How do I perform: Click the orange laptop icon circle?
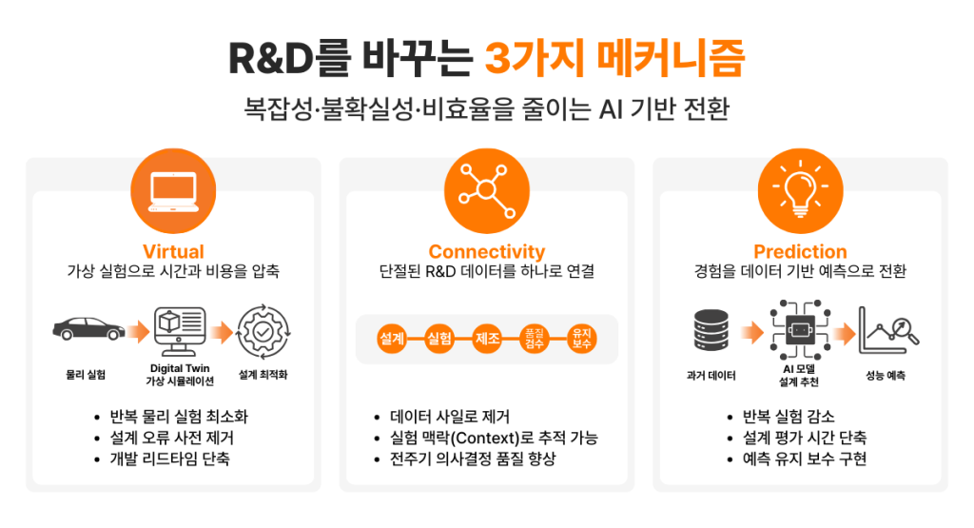click(x=173, y=191)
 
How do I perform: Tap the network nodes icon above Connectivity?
click(x=487, y=191)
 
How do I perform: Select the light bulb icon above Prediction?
click(x=801, y=191)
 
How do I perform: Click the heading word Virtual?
click(x=173, y=251)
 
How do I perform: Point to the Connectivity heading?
click(x=487, y=251)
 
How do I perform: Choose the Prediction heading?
click(x=800, y=251)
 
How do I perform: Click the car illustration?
click(x=88, y=328)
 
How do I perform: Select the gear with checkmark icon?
click(x=263, y=332)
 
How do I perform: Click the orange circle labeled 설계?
click(x=392, y=339)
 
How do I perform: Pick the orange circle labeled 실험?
click(x=439, y=339)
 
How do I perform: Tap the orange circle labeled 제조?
click(x=487, y=339)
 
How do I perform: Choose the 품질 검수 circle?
click(x=535, y=339)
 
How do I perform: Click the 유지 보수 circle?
click(x=582, y=339)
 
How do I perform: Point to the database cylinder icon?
click(x=711, y=330)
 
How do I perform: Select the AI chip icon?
click(x=800, y=330)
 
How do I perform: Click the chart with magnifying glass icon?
click(x=888, y=330)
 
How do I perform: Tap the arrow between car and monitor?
click(x=139, y=332)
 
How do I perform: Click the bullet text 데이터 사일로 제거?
click(x=450, y=416)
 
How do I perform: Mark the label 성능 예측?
click(x=886, y=375)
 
